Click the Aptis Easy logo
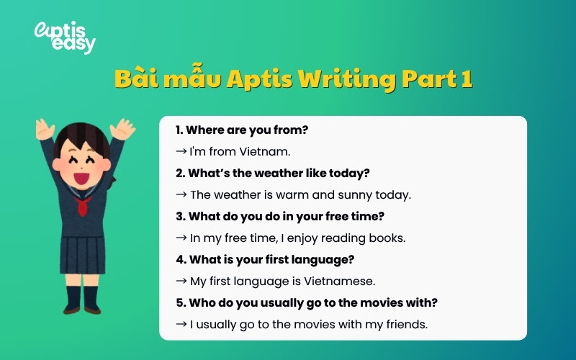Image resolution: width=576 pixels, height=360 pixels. [x=65, y=37]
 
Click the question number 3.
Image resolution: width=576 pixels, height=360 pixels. [x=179, y=216]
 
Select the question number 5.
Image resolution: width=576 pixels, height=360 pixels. [x=179, y=302]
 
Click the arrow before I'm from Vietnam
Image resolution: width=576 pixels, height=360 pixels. [x=181, y=152]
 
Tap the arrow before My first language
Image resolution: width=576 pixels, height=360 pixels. [x=181, y=281]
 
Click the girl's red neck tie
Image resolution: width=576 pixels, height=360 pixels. [x=84, y=207]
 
